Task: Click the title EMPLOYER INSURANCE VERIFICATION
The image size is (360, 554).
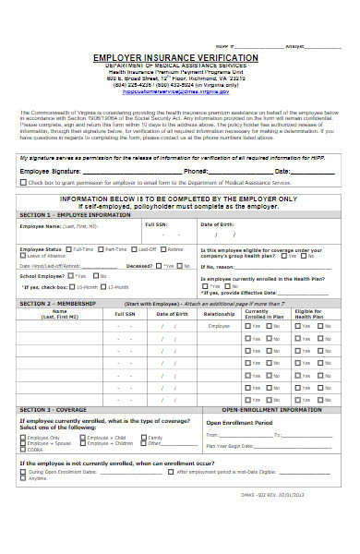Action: tap(175, 58)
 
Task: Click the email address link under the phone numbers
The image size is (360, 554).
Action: tap(175, 92)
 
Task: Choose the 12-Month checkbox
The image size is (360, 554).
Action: tap(102, 287)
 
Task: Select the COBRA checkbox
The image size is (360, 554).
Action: tap(24, 450)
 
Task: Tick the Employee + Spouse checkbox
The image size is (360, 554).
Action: tap(24, 443)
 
